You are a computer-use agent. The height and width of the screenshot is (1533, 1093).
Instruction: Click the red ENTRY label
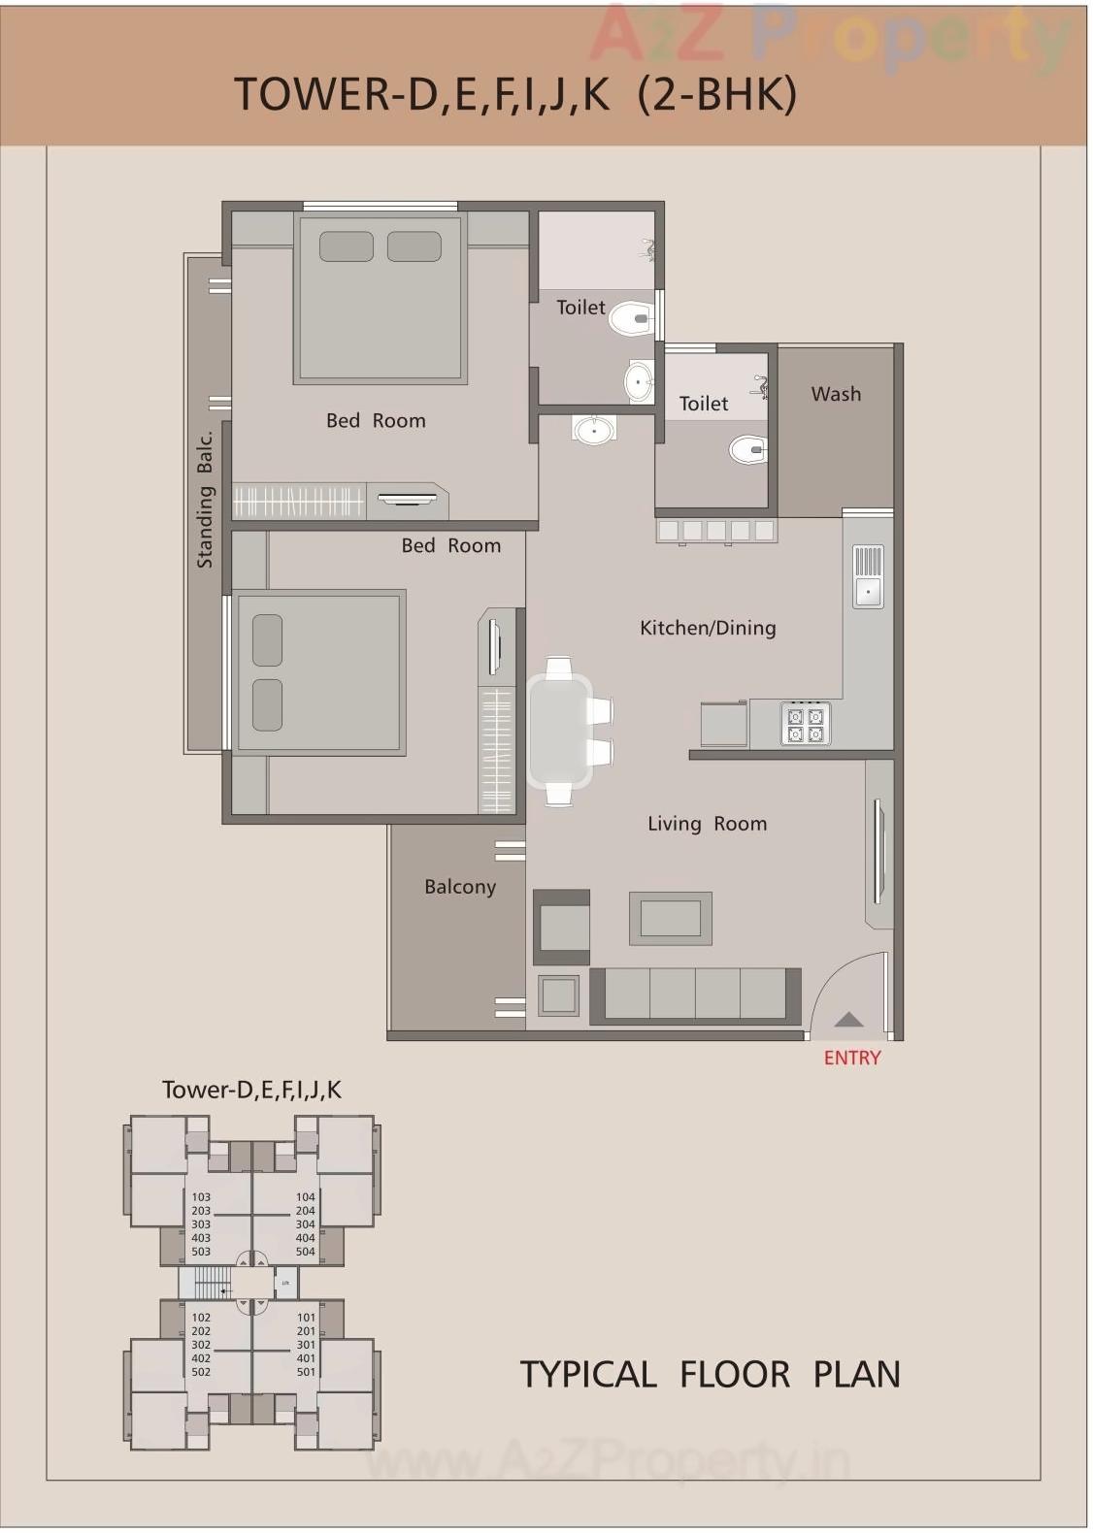851,1058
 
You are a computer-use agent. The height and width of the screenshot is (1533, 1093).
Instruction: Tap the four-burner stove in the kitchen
805,725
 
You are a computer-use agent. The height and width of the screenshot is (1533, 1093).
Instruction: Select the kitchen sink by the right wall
868,576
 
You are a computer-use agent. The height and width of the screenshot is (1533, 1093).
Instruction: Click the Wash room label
836,394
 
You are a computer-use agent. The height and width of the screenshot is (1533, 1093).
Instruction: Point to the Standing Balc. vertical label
205,500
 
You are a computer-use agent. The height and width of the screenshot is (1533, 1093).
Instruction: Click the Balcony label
460,887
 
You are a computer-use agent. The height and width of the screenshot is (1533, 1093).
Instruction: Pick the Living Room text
707,824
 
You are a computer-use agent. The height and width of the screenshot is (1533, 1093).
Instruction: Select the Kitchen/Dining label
708,628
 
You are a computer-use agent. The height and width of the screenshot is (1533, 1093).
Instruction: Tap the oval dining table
559,731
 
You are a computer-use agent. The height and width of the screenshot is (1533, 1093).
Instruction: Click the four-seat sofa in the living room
695,995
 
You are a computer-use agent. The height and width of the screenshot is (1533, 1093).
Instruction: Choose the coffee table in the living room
671,918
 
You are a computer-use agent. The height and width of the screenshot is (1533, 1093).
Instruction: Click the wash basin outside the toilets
593,429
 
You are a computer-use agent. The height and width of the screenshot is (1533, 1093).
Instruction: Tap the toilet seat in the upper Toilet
629,317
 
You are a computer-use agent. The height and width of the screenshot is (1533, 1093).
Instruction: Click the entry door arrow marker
848,1019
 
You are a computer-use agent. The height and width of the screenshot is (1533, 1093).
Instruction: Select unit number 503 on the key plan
201,1252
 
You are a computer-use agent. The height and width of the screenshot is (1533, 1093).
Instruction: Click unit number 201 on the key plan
306,1331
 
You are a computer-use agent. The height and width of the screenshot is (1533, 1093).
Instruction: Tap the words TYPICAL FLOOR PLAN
710,1374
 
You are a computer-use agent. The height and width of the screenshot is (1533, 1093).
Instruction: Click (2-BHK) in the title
717,94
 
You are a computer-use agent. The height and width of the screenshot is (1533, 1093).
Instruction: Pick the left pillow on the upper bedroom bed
346,246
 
